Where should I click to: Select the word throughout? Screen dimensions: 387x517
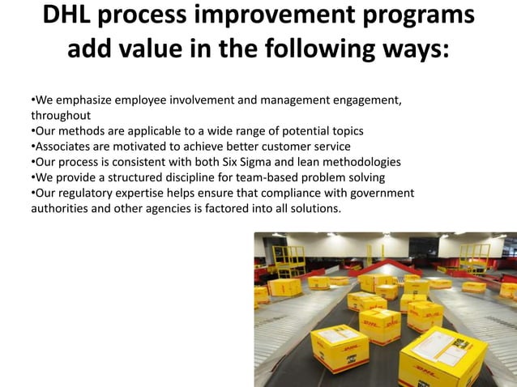[x=61, y=116]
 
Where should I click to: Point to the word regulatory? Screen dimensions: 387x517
[x=87, y=193]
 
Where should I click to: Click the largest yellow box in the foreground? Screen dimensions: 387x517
[x=442, y=356]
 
